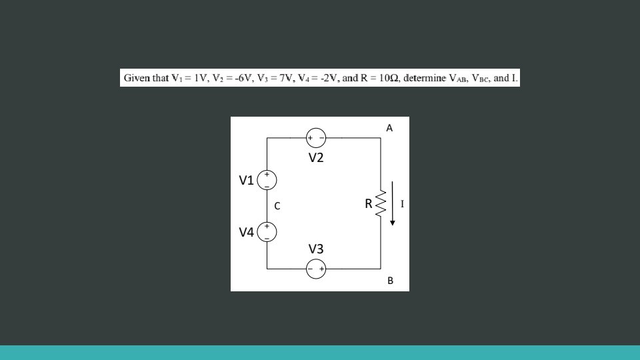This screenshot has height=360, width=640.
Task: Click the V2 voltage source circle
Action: pyautogui.click(x=316, y=138)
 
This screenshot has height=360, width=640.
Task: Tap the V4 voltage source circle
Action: pyautogui.click(x=267, y=231)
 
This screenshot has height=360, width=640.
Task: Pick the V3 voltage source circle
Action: pyautogui.click(x=316, y=269)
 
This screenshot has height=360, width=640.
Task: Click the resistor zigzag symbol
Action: pyautogui.click(x=381, y=204)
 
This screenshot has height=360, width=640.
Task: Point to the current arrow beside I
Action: pyautogui.click(x=393, y=203)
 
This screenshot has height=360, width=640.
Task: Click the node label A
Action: pyautogui.click(x=389, y=127)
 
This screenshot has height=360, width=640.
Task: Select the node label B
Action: pyautogui.click(x=390, y=281)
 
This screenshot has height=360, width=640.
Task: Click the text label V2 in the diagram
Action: pyautogui.click(x=316, y=158)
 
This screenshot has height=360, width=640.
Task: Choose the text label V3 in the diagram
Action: pyautogui.click(x=316, y=249)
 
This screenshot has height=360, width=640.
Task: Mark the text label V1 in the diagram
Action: pyautogui.click(x=247, y=180)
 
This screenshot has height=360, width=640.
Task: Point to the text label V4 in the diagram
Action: pyautogui.click(x=247, y=232)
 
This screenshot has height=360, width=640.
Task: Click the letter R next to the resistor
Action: pyautogui.click(x=368, y=204)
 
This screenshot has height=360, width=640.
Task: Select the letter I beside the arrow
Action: pyautogui.click(x=402, y=203)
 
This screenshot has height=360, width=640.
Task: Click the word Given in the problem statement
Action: pyautogui.click(x=137, y=78)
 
